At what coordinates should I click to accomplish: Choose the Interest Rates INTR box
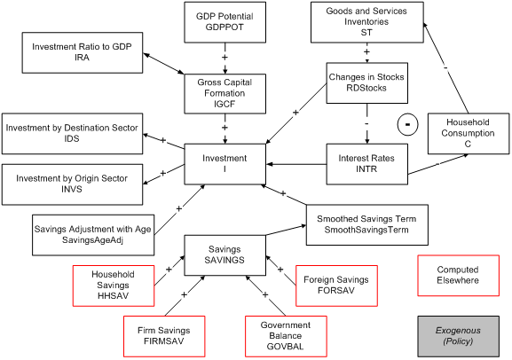tap(366, 163)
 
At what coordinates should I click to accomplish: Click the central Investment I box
tap(224, 164)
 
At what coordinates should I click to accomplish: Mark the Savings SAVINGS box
tap(224, 254)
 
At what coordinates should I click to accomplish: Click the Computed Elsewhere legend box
tap(458, 274)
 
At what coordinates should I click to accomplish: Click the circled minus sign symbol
tap(406, 124)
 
